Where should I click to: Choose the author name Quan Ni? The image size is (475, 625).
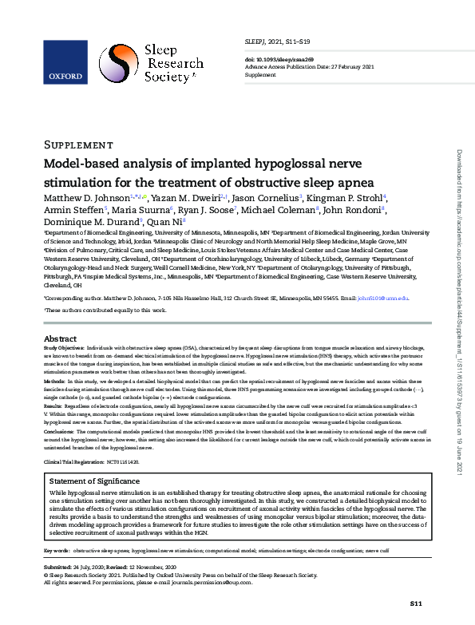pos(171,222)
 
